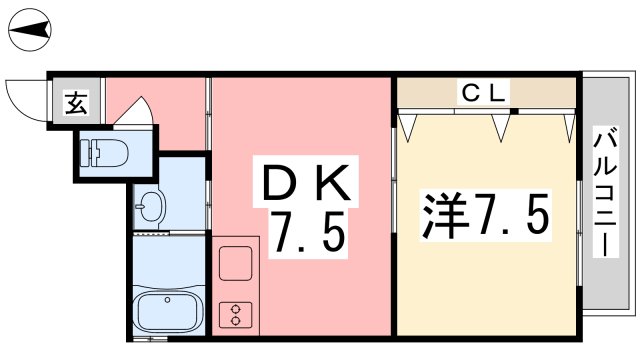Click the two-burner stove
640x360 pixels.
pos(237,315)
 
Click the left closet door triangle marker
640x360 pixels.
pos(409,124)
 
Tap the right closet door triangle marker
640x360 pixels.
pos(503,124)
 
